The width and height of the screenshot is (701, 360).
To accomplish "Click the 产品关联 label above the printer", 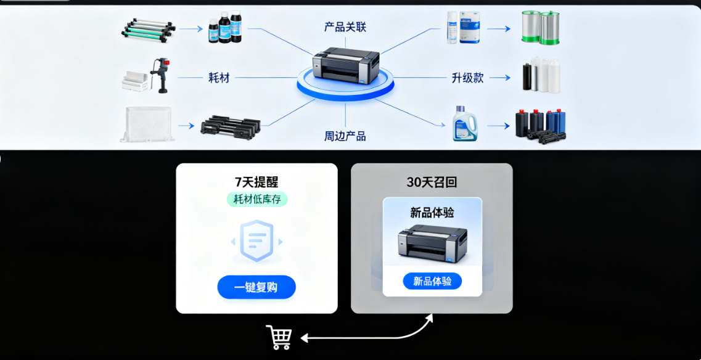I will click(x=345, y=27).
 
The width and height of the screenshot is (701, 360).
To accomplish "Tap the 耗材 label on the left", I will click(x=219, y=78).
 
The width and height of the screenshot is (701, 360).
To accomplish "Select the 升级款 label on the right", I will click(x=467, y=78).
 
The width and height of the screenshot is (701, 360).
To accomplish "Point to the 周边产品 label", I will click(x=345, y=136).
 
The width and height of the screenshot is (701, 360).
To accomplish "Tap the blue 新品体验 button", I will click(x=432, y=281).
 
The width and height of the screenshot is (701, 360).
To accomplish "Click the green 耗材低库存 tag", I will click(x=256, y=199).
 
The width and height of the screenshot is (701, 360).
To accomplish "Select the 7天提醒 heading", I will click(x=256, y=182).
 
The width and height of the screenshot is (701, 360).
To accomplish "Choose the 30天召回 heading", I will click(x=432, y=182).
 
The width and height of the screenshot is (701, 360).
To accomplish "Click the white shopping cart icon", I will click(x=279, y=337).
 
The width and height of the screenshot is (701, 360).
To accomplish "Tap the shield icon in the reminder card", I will click(x=256, y=240).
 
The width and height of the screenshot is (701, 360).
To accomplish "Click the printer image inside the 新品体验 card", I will click(x=432, y=243).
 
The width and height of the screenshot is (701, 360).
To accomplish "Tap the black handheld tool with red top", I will click(x=162, y=75).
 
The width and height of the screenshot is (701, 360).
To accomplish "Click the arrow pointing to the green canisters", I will click(x=499, y=29).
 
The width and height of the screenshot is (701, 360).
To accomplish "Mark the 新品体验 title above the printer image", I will click(x=432, y=213).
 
